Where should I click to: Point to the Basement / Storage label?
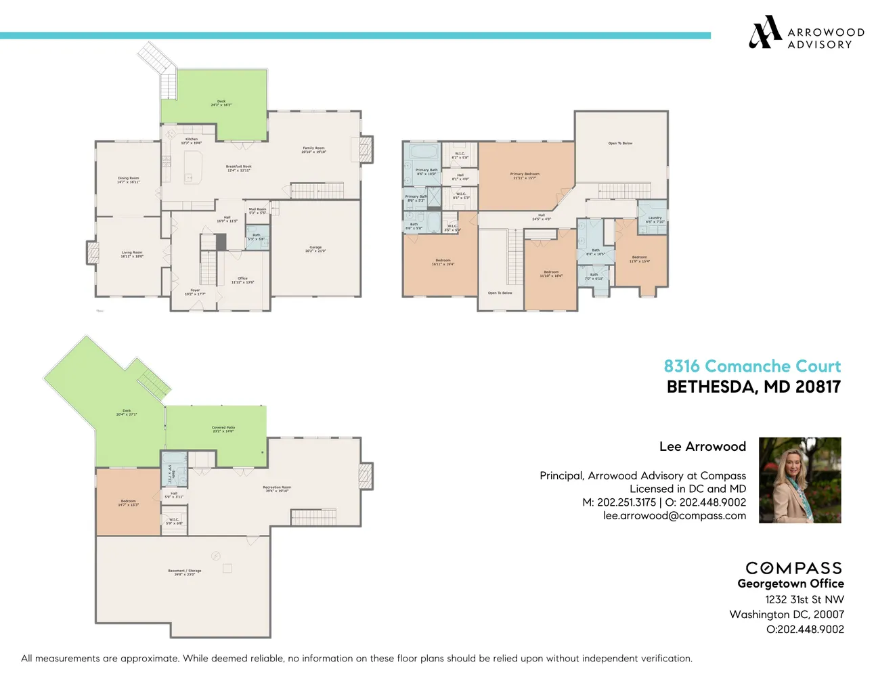pyautogui.click(x=185, y=572)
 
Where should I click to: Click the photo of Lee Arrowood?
pyautogui.click(x=800, y=480)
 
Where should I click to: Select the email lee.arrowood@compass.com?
pyautogui.click(x=674, y=516)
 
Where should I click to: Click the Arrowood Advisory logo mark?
pyautogui.click(x=764, y=32)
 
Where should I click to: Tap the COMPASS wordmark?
pyautogui.click(x=793, y=568)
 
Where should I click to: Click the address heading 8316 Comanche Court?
pyautogui.click(x=751, y=366)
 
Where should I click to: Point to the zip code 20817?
pyautogui.click(x=818, y=387)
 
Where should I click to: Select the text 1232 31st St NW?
pyautogui.click(x=804, y=600)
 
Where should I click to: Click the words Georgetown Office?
pyautogui.click(x=790, y=584)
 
